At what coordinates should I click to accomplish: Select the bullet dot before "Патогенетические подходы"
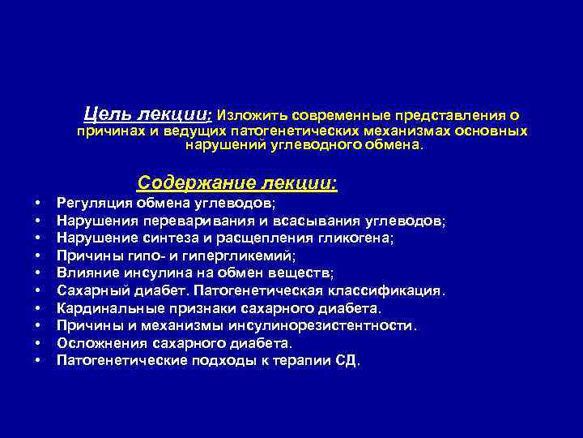click(37, 360)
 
